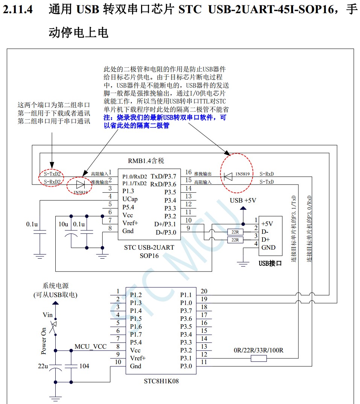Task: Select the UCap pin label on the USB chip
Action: click(x=130, y=199)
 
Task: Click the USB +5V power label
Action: click(x=243, y=200)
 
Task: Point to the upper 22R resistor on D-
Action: click(x=235, y=232)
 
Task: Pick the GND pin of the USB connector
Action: click(x=268, y=247)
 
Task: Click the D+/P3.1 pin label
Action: click(x=165, y=224)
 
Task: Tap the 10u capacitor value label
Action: click(x=63, y=224)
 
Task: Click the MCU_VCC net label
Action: click(x=90, y=346)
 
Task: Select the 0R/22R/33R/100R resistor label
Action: click(x=258, y=351)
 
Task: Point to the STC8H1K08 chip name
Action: click(x=161, y=381)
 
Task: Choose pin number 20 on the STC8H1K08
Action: click(x=204, y=291)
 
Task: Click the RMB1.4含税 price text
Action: click(x=146, y=161)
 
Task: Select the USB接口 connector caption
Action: click(x=270, y=263)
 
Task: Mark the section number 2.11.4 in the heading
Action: click(x=18, y=9)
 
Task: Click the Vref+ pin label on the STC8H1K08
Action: click(x=138, y=358)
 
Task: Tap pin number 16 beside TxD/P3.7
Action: click(x=188, y=172)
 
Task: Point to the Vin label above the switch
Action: click(x=48, y=315)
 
